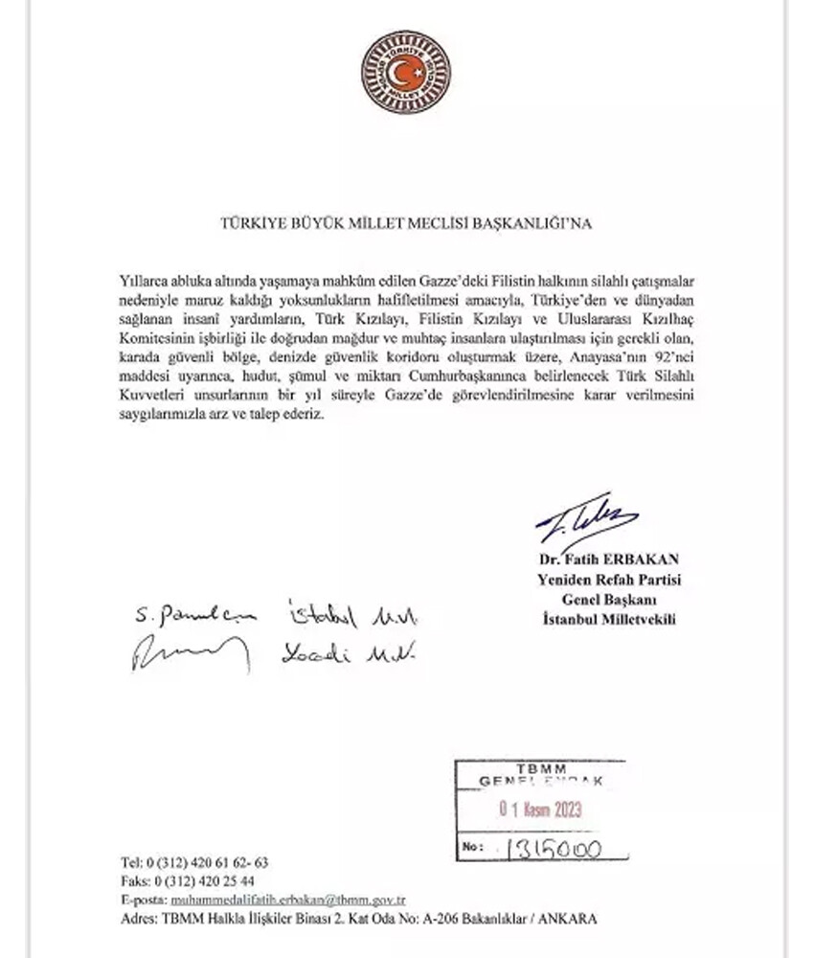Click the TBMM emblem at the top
pos(406,72)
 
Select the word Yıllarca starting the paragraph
pos(144,278)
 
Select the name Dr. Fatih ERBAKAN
pos(608,559)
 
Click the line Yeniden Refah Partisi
pos(608,580)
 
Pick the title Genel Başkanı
pos(608,600)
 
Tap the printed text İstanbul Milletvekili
pos(608,620)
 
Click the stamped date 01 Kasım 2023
pos(541,810)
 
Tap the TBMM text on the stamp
pos(540,769)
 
